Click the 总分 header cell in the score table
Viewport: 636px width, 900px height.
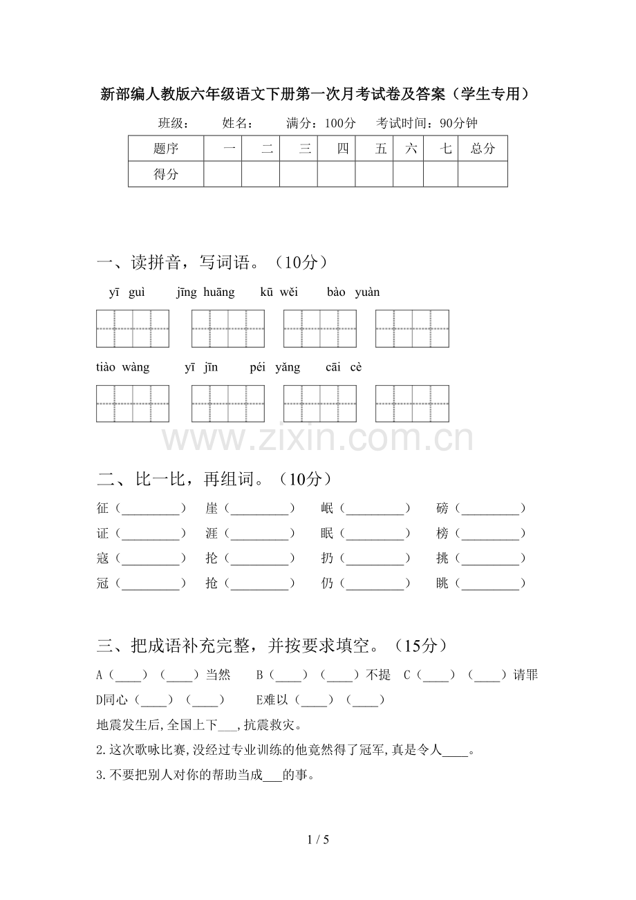tap(483, 149)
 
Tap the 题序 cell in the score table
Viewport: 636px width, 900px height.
tap(166, 149)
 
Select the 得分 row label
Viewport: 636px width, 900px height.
tap(166, 174)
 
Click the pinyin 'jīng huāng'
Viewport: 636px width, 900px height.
tap(205, 292)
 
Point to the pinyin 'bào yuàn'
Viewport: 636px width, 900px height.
tap(353, 292)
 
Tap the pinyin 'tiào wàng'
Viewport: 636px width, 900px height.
tap(123, 367)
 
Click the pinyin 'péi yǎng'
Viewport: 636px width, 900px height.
tap(275, 367)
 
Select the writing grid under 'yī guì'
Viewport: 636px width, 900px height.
tap(133, 328)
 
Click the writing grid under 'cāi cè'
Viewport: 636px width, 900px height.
tap(412, 404)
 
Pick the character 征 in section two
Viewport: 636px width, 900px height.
tap(103, 509)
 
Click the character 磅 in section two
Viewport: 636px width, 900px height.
tap(442, 509)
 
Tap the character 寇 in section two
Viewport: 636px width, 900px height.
tap(103, 559)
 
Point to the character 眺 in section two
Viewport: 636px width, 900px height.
tap(442, 583)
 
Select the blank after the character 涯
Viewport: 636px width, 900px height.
tap(259, 534)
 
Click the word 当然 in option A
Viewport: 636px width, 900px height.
tap(218, 675)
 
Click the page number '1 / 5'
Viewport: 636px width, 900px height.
tap(318, 840)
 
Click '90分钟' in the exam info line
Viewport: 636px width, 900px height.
tap(458, 124)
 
